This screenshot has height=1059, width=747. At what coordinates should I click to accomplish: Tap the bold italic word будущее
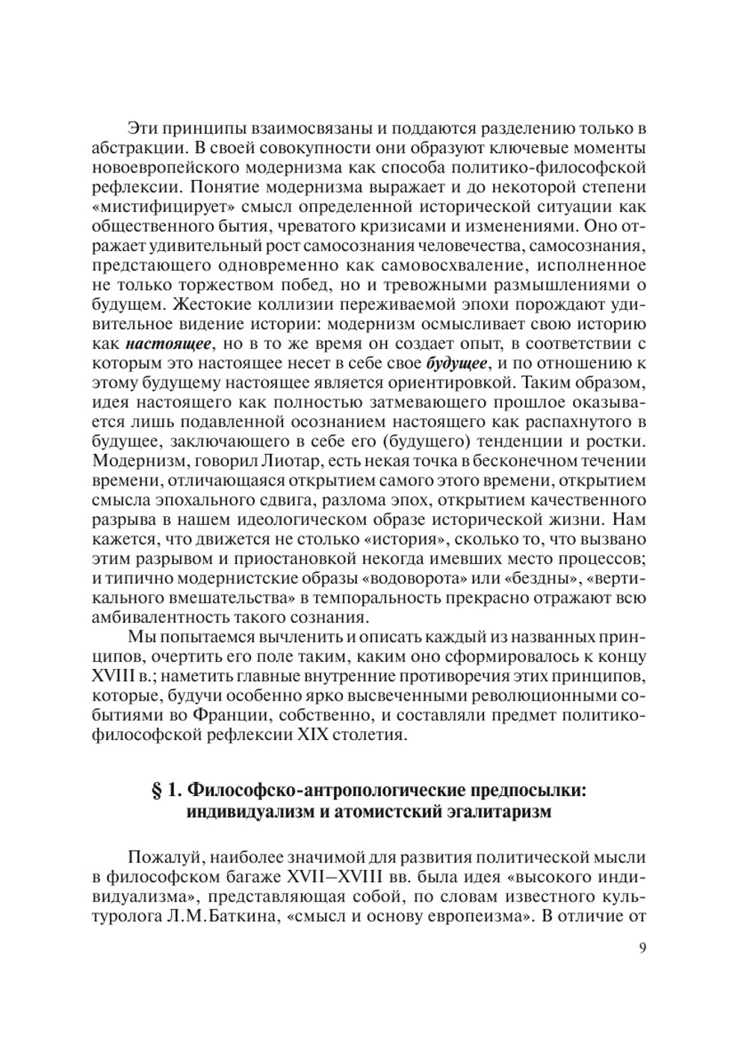click(457, 364)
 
